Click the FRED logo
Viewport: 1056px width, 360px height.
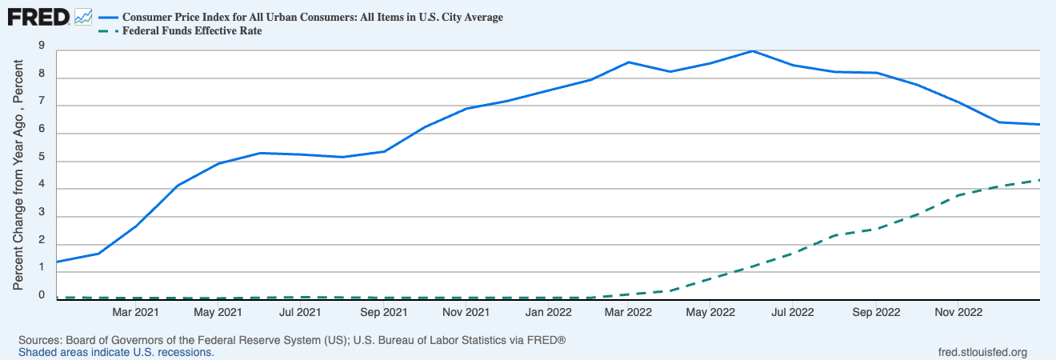coord(38,16)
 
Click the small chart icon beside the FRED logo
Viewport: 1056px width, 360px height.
coord(83,16)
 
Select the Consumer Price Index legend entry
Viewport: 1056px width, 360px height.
coord(312,17)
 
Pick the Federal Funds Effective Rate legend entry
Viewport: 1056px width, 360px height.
coord(191,31)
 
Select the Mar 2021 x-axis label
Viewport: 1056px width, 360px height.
coord(134,311)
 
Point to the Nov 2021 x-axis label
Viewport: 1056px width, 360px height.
coord(466,311)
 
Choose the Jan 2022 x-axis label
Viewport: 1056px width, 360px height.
coord(548,311)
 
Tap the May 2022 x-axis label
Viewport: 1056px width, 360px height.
coord(711,311)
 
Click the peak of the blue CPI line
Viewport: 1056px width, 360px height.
coord(752,51)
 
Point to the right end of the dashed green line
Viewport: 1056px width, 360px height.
coord(1039,180)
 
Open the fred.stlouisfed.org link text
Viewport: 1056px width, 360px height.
coord(982,352)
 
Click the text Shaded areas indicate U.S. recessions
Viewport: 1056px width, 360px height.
coord(116,352)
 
